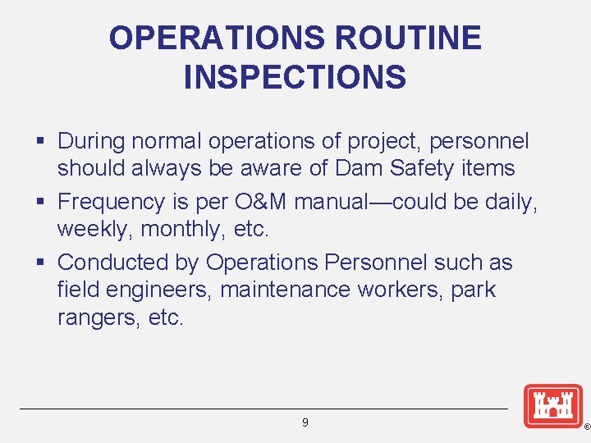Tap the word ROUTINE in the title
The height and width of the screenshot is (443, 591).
[x=408, y=38]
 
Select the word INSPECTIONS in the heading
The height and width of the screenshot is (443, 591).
[x=295, y=77]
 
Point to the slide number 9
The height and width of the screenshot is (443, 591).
[x=305, y=422]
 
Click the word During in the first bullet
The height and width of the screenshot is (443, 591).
[x=91, y=141]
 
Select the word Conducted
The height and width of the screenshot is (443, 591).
[x=113, y=263]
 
